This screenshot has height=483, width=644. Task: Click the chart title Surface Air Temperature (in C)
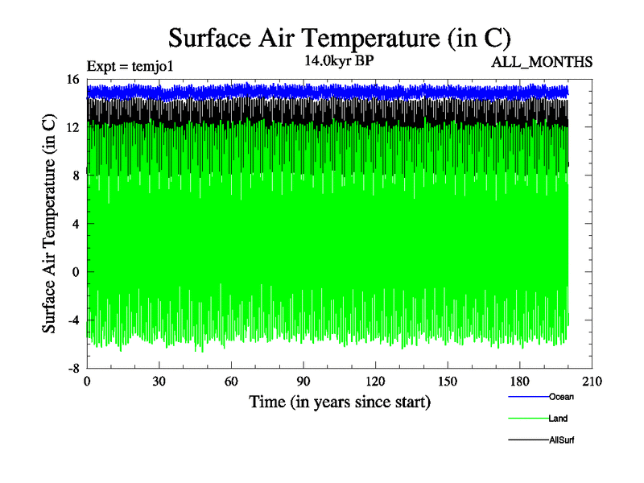[x=339, y=38]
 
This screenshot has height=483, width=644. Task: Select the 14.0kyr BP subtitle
[x=338, y=61]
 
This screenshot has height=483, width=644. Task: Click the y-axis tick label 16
[x=72, y=80]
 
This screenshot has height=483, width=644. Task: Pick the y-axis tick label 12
[x=72, y=127]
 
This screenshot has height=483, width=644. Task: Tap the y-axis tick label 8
[x=75, y=175]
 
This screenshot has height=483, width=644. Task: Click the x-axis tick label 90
[x=303, y=382]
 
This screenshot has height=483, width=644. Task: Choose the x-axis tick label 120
[x=375, y=382]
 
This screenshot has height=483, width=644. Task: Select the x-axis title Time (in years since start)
[x=339, y=401]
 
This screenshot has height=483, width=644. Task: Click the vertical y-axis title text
[x=49, y=224]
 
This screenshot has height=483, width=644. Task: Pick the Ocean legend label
[x=561, y=396]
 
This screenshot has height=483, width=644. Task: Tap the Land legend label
[x=559, y=419]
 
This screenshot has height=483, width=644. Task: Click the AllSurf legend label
[x=562, y=440]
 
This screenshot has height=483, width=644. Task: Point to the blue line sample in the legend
[x=528, y=397]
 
